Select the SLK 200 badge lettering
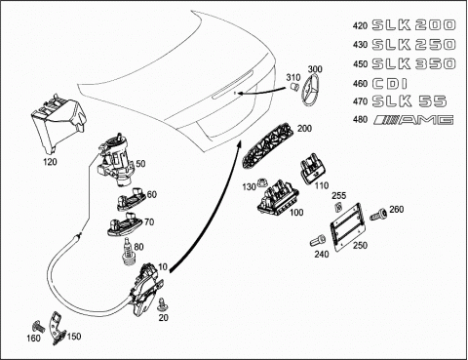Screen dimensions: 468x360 413,24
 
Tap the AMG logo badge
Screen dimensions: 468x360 413,120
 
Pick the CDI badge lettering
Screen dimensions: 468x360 389,84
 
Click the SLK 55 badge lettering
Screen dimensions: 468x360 409,101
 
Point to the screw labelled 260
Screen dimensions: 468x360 379,214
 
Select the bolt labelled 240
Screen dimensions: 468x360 317,241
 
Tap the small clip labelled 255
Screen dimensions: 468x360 338,206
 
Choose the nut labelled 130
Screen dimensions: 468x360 261,184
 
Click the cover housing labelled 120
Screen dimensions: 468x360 59,123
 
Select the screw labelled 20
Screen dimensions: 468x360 161,304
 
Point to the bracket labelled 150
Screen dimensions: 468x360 58,328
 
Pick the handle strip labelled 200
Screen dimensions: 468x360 267,143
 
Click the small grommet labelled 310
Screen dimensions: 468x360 294,87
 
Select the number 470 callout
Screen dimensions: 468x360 360,101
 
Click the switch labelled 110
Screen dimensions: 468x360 313,168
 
